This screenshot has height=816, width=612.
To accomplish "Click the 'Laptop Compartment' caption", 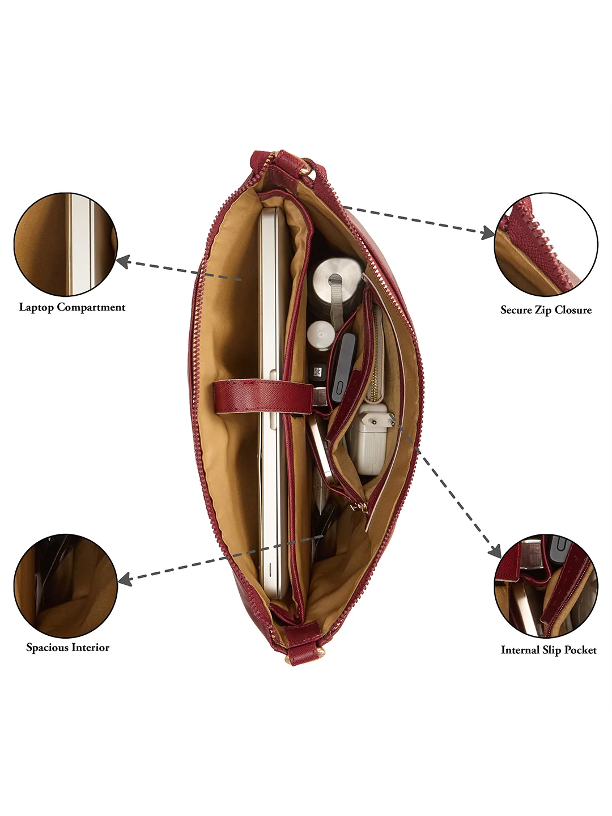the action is [72, 308].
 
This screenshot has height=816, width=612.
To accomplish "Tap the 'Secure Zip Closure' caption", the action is [546, 310].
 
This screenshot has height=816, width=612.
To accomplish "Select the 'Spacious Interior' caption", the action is [67, 647].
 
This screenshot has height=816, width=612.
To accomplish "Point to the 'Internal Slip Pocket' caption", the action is [549, 650].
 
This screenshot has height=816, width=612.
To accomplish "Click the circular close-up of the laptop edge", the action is [66, 244].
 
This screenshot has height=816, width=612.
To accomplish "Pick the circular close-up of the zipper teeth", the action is [546, 244].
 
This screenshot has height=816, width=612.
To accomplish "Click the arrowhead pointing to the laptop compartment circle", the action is [124, 261].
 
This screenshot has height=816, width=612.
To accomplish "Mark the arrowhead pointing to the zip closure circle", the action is [487, 232].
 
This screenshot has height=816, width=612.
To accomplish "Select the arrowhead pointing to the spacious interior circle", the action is [125, 579].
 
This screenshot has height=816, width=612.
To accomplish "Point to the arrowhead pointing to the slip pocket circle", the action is [495, 551].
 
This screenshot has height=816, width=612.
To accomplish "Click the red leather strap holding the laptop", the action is [263, 396].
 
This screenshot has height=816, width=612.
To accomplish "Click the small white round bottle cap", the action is [321, 334].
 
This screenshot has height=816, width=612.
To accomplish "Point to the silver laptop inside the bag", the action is [274, 404].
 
